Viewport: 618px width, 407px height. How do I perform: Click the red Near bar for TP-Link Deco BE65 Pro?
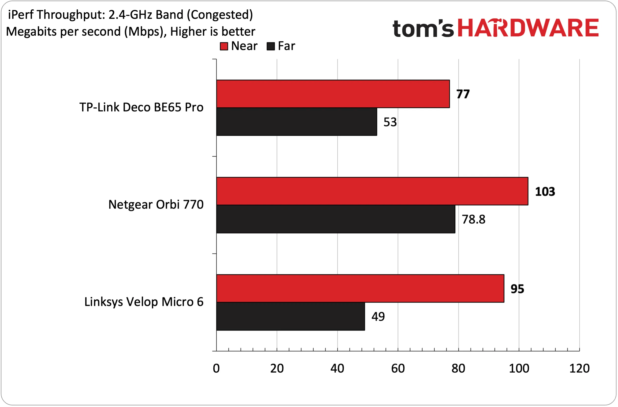[333, 94]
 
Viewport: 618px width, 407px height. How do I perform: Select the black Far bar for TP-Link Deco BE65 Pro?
[297, 121]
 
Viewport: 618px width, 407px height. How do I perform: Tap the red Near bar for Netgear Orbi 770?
[372, 191]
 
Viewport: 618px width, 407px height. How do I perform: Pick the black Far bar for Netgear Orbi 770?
[336, 219]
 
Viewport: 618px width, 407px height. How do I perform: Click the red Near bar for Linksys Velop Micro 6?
[360, 288]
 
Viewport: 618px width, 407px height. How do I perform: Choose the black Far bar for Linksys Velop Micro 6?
[291, 316]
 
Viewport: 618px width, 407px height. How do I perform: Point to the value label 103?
[545, 192]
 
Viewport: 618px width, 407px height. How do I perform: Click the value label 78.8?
[473, 219]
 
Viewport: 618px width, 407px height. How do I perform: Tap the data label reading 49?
[378, 317]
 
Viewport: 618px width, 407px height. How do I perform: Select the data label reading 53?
[390, 122]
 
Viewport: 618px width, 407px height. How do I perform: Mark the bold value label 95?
[517, 289]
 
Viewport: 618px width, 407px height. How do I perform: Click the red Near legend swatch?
[224, 46]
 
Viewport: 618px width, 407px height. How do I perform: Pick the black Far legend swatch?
[271, 46]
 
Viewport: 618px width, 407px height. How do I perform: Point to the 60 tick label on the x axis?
[398, 369]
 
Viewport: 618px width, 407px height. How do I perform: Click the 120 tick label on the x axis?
[579, 369]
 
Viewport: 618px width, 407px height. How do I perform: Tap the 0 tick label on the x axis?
[216, 369]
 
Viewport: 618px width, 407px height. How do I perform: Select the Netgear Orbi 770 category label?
[156, 205]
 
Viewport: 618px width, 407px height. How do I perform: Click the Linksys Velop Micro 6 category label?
[144, 302]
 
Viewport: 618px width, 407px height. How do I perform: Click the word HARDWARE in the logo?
[528, 28]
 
